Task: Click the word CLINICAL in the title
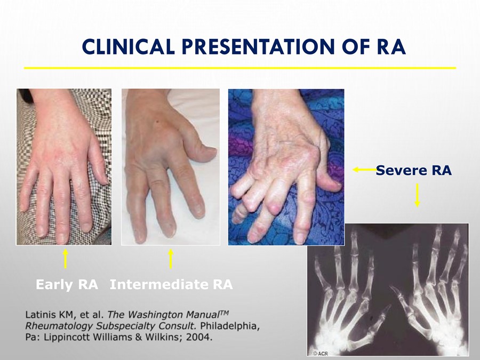pos(128,46)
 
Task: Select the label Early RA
pos(67,284)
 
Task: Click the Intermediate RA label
pos(171,284)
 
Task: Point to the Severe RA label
pos(413,170)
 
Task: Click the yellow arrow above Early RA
pos(65,259)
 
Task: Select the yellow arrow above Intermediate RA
pos(171,259)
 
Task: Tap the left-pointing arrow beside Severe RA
pos(365,169)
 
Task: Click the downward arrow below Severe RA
pos(417,195)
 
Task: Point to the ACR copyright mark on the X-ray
pos(321,354)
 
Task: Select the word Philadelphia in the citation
pos(229,326)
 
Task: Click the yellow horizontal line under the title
pos(240,68)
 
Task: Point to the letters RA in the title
pos(390,46)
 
